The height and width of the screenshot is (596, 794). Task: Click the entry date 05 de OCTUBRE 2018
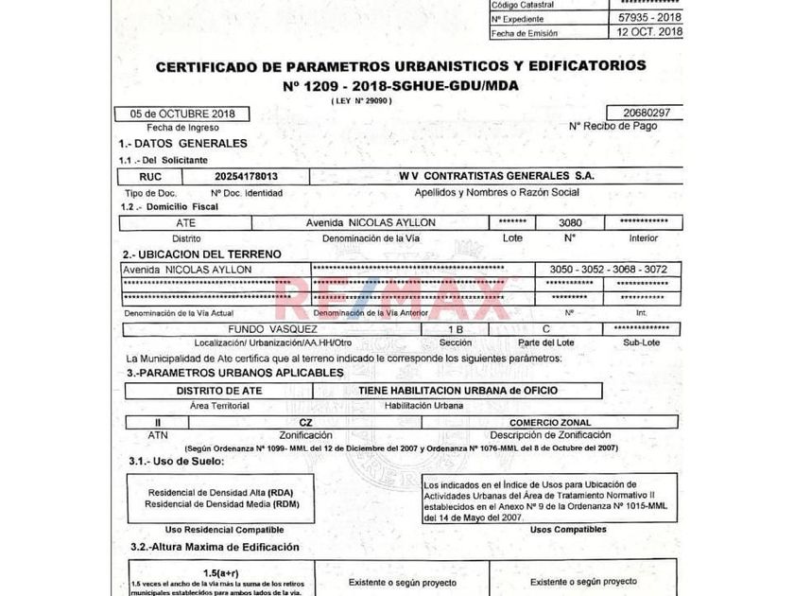(182, 114)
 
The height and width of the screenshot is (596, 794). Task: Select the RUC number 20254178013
(248, 176)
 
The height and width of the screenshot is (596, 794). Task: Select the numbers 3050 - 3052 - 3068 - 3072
(608, 270)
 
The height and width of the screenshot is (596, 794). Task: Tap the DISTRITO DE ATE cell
(219, 390)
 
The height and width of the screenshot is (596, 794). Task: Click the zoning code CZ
(304, 422)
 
